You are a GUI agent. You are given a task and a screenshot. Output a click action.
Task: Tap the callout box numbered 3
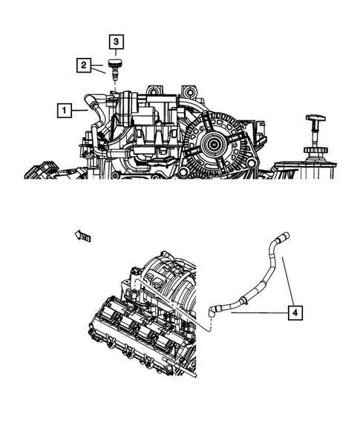116,42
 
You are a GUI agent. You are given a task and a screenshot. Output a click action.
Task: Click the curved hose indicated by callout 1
91,104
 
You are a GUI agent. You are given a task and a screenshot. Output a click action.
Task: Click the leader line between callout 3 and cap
116,52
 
